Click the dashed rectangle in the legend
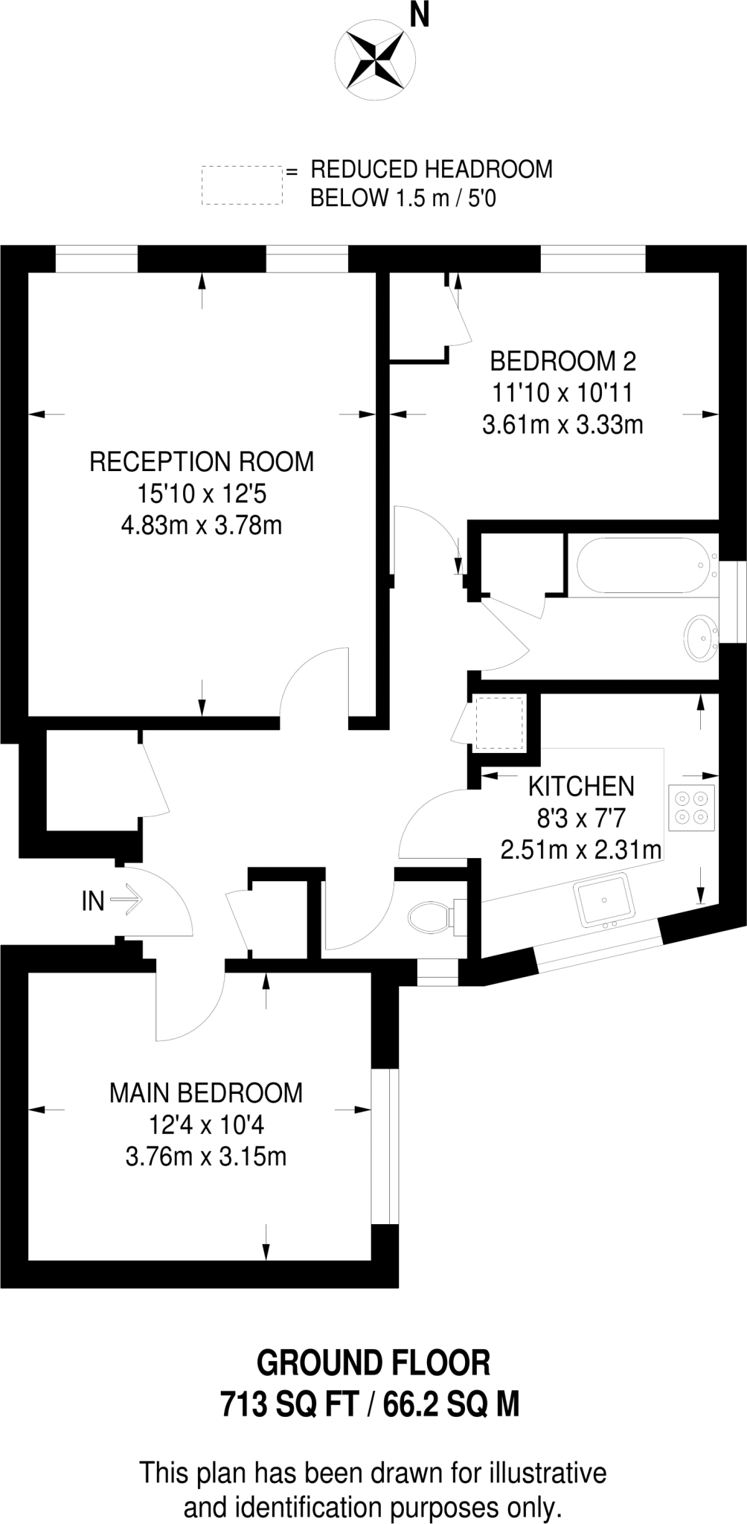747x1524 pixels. [242, 185]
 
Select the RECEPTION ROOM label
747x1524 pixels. [202, 461]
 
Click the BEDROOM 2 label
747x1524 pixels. [563, 362]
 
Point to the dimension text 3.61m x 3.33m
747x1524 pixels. [562, 425]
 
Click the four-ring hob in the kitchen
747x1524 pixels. [691, 807]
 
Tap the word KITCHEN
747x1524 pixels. [581, 786]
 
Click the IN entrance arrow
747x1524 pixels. [126, 900]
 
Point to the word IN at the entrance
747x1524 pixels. [93, 901]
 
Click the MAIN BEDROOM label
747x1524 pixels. [206, 1092]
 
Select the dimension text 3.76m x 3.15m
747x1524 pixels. [206, 1156]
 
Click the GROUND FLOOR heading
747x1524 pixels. [373, 1363]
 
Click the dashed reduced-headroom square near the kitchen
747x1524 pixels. [499, 723]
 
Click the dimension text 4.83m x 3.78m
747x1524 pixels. [202, 525]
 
